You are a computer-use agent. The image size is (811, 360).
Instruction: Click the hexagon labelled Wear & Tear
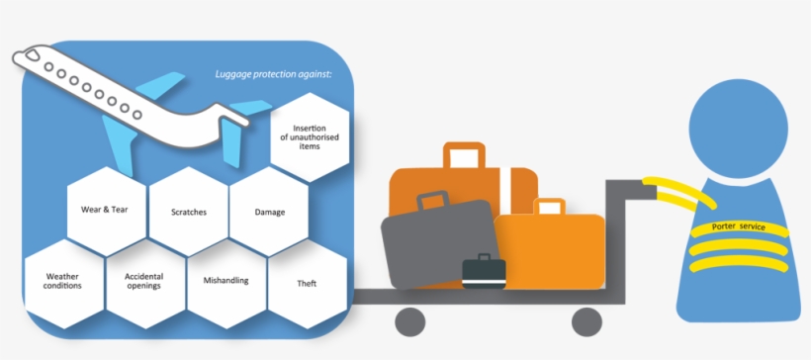[105, 210]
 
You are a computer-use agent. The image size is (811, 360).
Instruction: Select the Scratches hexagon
[188, 212]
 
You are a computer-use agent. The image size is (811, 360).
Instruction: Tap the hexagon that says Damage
[270, 212]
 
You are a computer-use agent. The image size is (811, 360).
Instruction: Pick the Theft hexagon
[307, 284]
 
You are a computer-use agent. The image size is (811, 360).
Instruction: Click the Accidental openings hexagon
[143, 281]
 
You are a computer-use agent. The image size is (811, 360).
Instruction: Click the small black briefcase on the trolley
[484, 271]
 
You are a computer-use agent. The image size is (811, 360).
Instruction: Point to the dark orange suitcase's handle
[464, 154]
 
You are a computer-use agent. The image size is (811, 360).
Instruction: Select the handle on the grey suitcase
[432, 200]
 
